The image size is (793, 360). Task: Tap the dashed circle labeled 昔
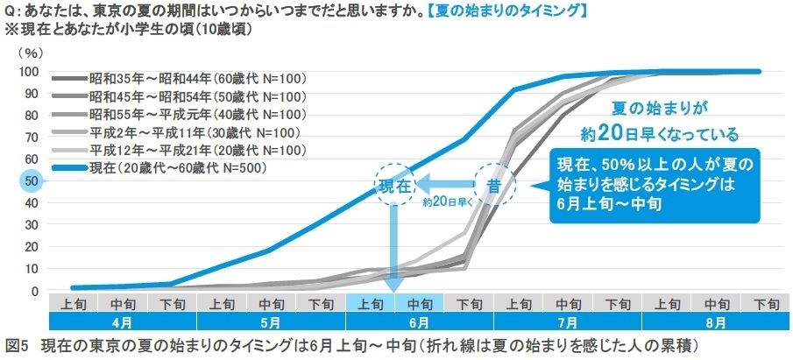pyautogui.click(x=493, y=185)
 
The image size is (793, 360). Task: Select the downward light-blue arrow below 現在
pyautogui.click(x=393, y=250)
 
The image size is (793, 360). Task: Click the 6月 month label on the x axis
pyautogui.click(x=420, y=323)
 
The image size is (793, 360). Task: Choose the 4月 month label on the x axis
pyautogui.click(x=123, y=323)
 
